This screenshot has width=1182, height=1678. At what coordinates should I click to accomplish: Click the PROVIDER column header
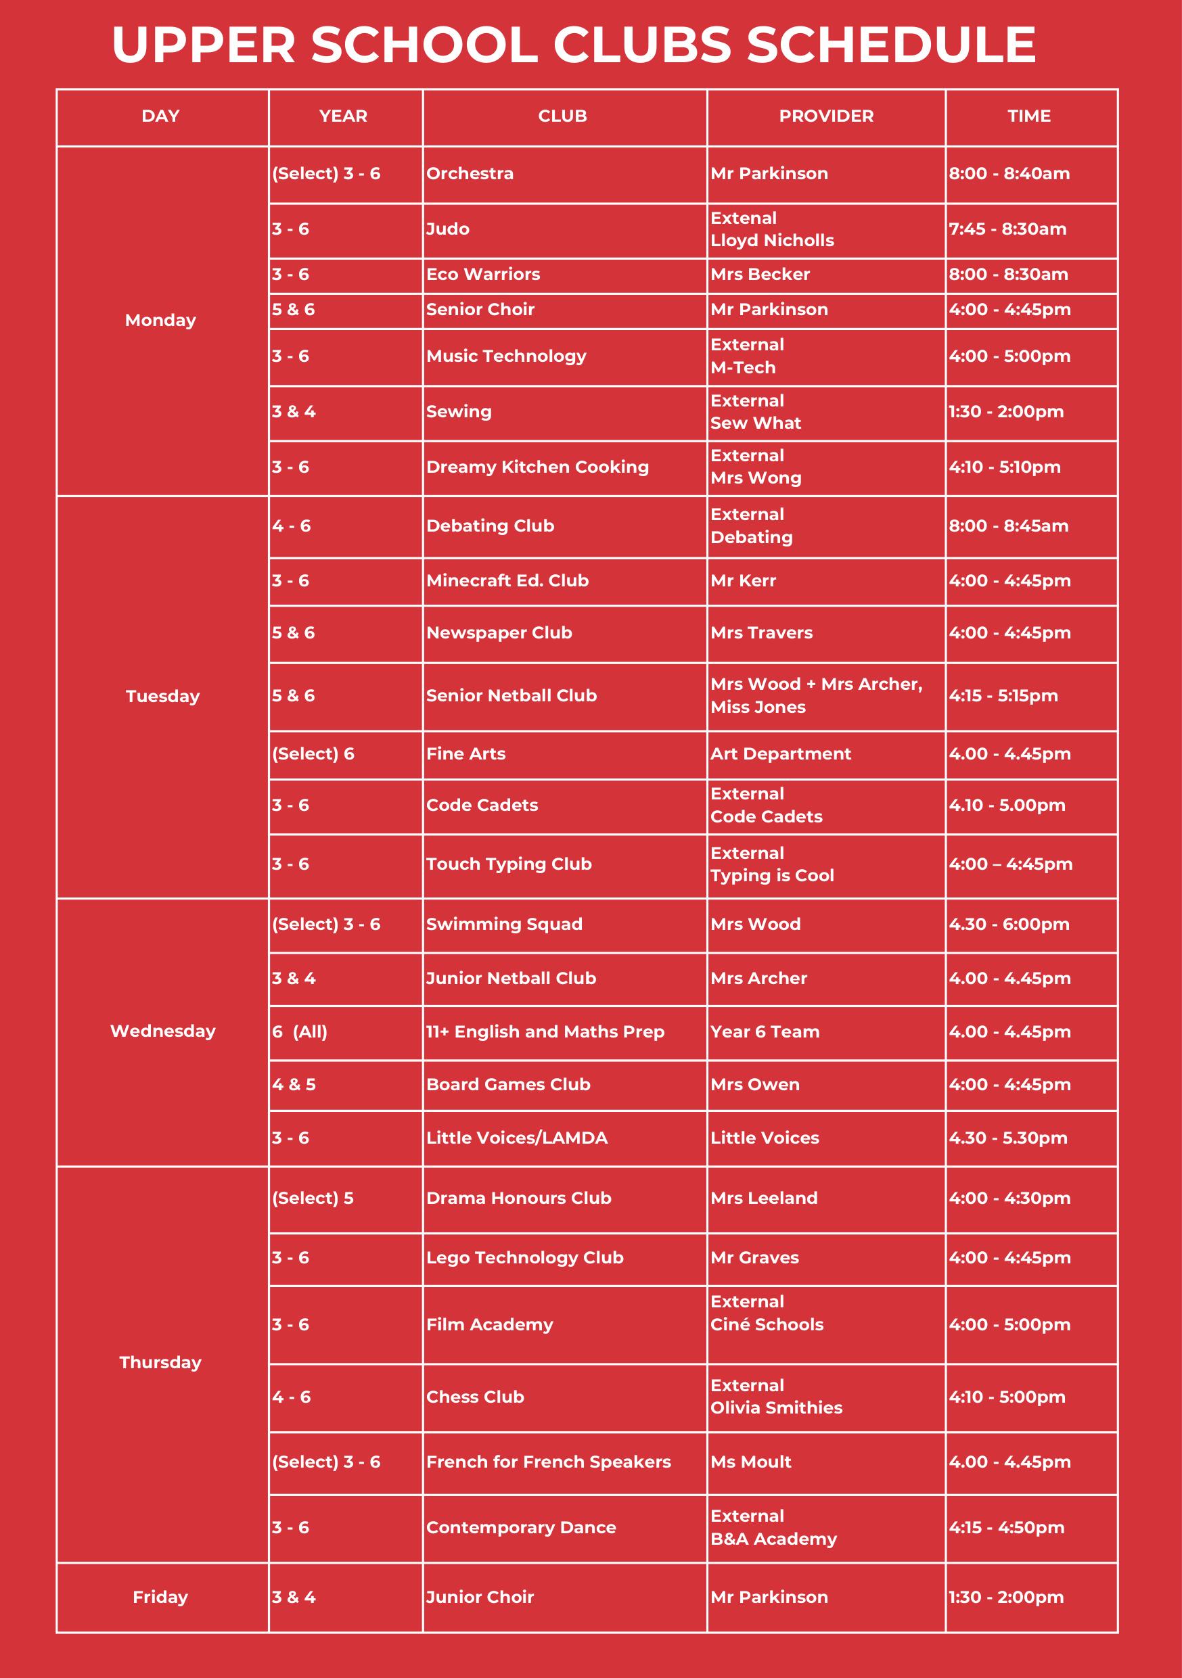pyautogui.click(x=826, y=116)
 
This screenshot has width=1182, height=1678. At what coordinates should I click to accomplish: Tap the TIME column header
pyautogui.click(x=1028, y=116)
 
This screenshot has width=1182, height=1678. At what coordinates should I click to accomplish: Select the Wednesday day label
pyautogui.click(x=162, y=1031)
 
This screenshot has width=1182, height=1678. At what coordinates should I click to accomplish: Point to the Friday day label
pyautogui.click(x=160, y=1597)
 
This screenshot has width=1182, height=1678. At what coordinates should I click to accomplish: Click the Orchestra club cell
pyautogui.click(x=470, y=174)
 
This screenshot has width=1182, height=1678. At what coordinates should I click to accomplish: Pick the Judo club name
pyautogui.click(x=447, y=229)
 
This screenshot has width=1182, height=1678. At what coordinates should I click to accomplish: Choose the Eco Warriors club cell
pyautogui.click(x=483, y=274)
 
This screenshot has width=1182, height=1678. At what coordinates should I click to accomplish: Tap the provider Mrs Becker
pyautogui.click(x=760, y=274)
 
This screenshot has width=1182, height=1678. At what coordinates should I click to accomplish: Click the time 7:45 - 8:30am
pyautogui.click(x=1007, y=229)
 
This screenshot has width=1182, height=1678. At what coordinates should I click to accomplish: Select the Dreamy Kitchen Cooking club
pyautogui.click(x=537, y=467)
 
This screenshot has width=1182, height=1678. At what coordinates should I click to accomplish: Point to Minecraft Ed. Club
pyautogui.click(x=507, y=580)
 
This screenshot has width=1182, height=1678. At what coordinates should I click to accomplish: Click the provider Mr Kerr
pyautogui.click(x=744, y=580)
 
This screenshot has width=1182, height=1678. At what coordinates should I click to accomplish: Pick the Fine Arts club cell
pyautogui.click(x=465, y=753)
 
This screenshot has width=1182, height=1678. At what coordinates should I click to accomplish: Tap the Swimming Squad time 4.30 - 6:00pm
pyautogui.click(x=1009, y=924)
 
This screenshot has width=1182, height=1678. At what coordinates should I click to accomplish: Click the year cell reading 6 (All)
pyautogui.click(x=300, y=1031)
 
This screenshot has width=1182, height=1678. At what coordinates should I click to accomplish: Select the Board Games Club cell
pyautogui.click(x=508, y=1085)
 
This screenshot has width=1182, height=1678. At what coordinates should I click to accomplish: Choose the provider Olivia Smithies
pyautogui.click(x=776, y=1407)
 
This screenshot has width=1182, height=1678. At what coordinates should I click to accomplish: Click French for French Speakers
pyautogui.click(x=548, y=1462)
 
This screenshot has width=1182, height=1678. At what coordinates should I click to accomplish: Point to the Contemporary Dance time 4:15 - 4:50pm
pyautogui.click(x=1007, y=1526)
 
